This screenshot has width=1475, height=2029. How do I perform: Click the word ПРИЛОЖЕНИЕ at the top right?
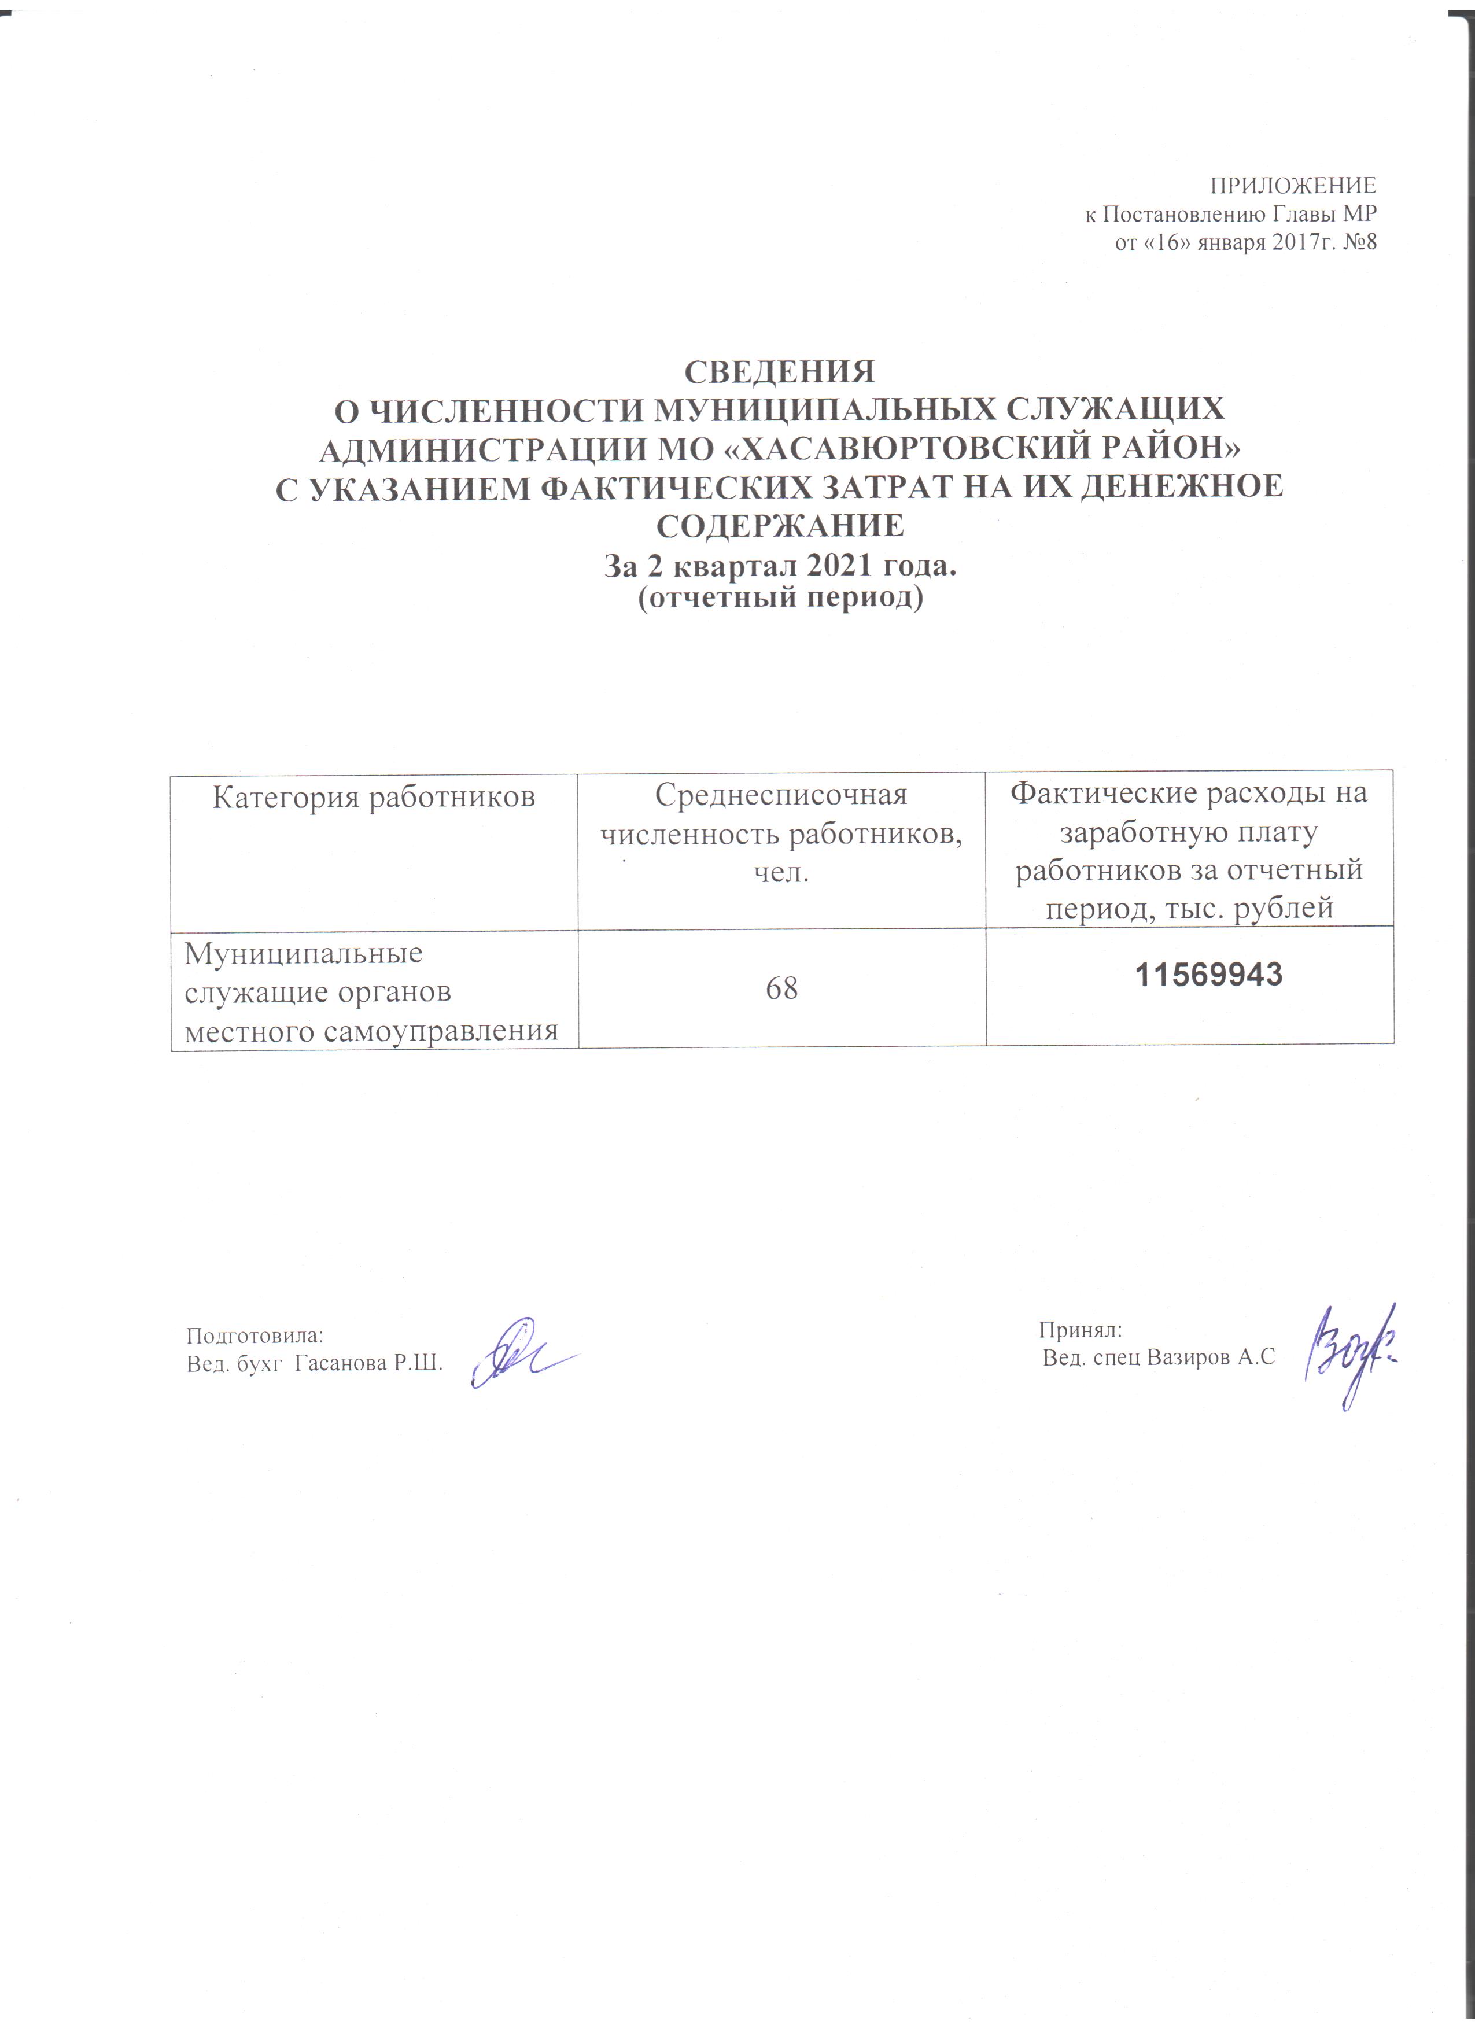tap(1293, 186)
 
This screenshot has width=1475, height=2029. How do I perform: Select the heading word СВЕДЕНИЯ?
tap(779, 370)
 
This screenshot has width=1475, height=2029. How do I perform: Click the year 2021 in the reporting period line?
tap(813, 566)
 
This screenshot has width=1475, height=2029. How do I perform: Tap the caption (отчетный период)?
tap(780, 597)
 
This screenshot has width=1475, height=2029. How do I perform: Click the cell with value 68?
tap(781, 988)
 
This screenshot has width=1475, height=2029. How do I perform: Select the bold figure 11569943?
tap(1208, 974)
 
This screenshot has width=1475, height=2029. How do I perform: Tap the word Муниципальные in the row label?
tap(303, 953)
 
